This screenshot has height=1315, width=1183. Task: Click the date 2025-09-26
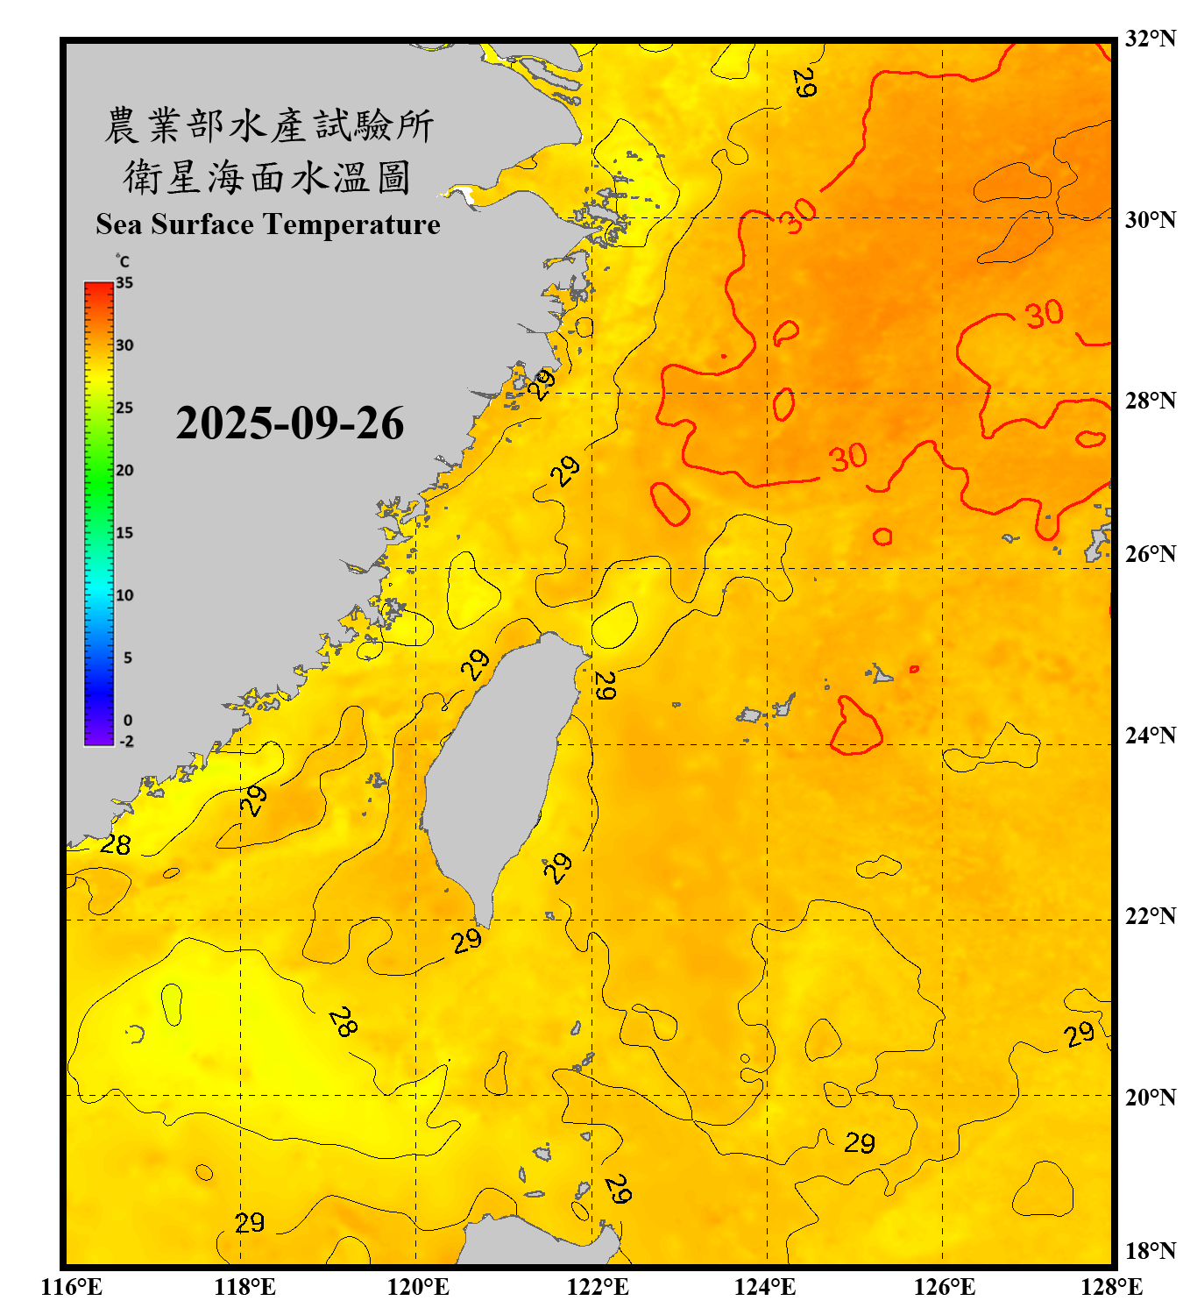(289, 423)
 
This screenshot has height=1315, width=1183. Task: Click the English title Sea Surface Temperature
(268, 224)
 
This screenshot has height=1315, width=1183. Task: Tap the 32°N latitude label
(1150, 39)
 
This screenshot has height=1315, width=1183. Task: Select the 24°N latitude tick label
(1150, 735)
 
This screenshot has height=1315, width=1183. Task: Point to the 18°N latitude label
(1150, 1251)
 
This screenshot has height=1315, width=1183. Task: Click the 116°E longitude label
(72, 1287)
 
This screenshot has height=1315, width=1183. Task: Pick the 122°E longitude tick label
(598, 1287)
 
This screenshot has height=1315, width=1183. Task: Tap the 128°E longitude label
(1111, 1287)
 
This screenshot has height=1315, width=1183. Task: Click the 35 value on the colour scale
(124, 283)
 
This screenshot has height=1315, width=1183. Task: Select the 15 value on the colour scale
(124, 533)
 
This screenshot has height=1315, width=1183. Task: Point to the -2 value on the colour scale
(126, 741)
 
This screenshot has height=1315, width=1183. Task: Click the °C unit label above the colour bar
(123, 261)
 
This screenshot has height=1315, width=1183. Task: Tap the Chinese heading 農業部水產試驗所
(268, 125)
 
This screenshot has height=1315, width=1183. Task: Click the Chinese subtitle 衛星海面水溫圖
(266, 177)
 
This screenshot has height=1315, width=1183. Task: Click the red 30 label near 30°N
(799, 215)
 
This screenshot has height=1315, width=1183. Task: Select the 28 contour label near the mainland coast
(116, 845)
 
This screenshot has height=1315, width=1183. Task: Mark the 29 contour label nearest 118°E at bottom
(250, 1222)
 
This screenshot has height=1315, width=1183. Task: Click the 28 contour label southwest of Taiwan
(343, 1022)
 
